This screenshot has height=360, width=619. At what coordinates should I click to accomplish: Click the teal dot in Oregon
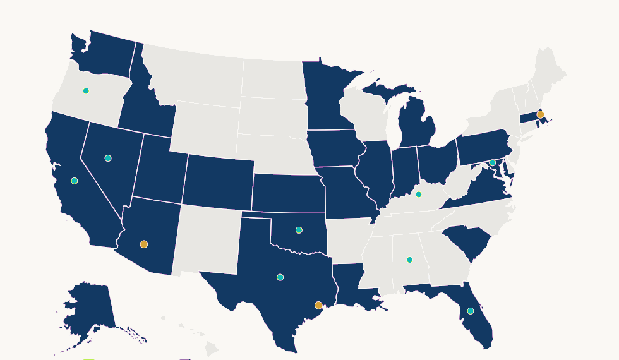pos(86,91)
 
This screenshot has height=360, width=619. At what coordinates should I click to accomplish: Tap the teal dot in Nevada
pos(108,158)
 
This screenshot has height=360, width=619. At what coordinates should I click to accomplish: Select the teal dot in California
pos(75,181)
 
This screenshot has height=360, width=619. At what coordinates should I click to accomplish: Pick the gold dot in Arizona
pos(144,244)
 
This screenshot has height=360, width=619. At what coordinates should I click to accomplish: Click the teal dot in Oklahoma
pos(299,230)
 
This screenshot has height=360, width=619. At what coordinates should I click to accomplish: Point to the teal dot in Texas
pos(280,277)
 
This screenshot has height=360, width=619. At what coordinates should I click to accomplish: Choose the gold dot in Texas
pos(318,305)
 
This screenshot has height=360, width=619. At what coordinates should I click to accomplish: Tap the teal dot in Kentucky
pos(418,195)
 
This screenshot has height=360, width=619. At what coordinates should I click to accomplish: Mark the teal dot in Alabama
pos(409,260)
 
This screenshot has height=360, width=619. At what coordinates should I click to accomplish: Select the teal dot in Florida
pos(470,311)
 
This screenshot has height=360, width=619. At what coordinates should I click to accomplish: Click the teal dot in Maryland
pos(493,163)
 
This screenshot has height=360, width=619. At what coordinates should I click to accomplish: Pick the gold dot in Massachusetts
pos(540,114)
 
